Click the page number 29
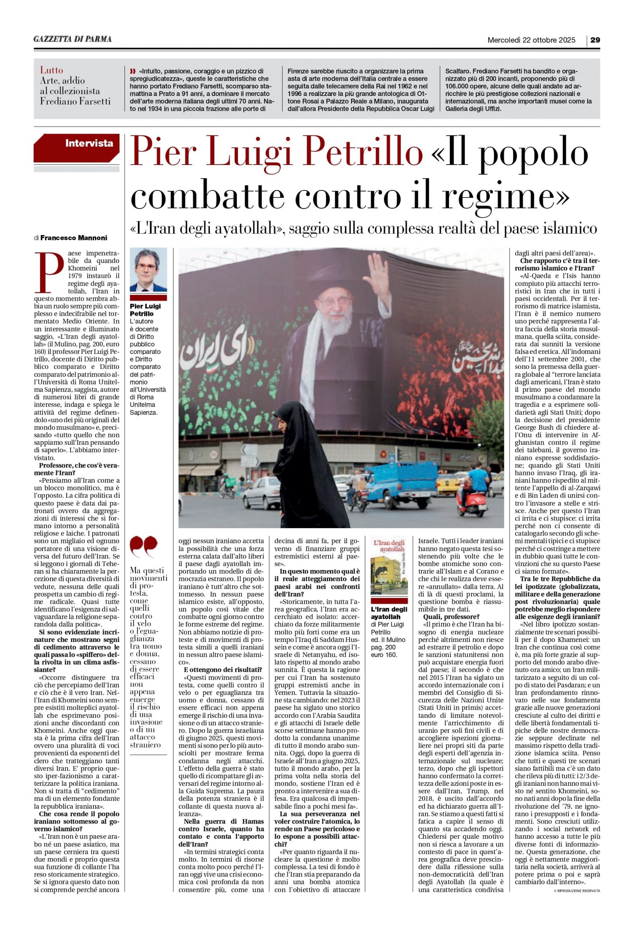[595, 40]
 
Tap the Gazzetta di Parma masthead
[72, 39]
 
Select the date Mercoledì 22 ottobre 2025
[531, 40]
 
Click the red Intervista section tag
[89, 143]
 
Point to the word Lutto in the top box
[51, 70]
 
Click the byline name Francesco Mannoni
[74, 238]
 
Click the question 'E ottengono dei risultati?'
[223, 670]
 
